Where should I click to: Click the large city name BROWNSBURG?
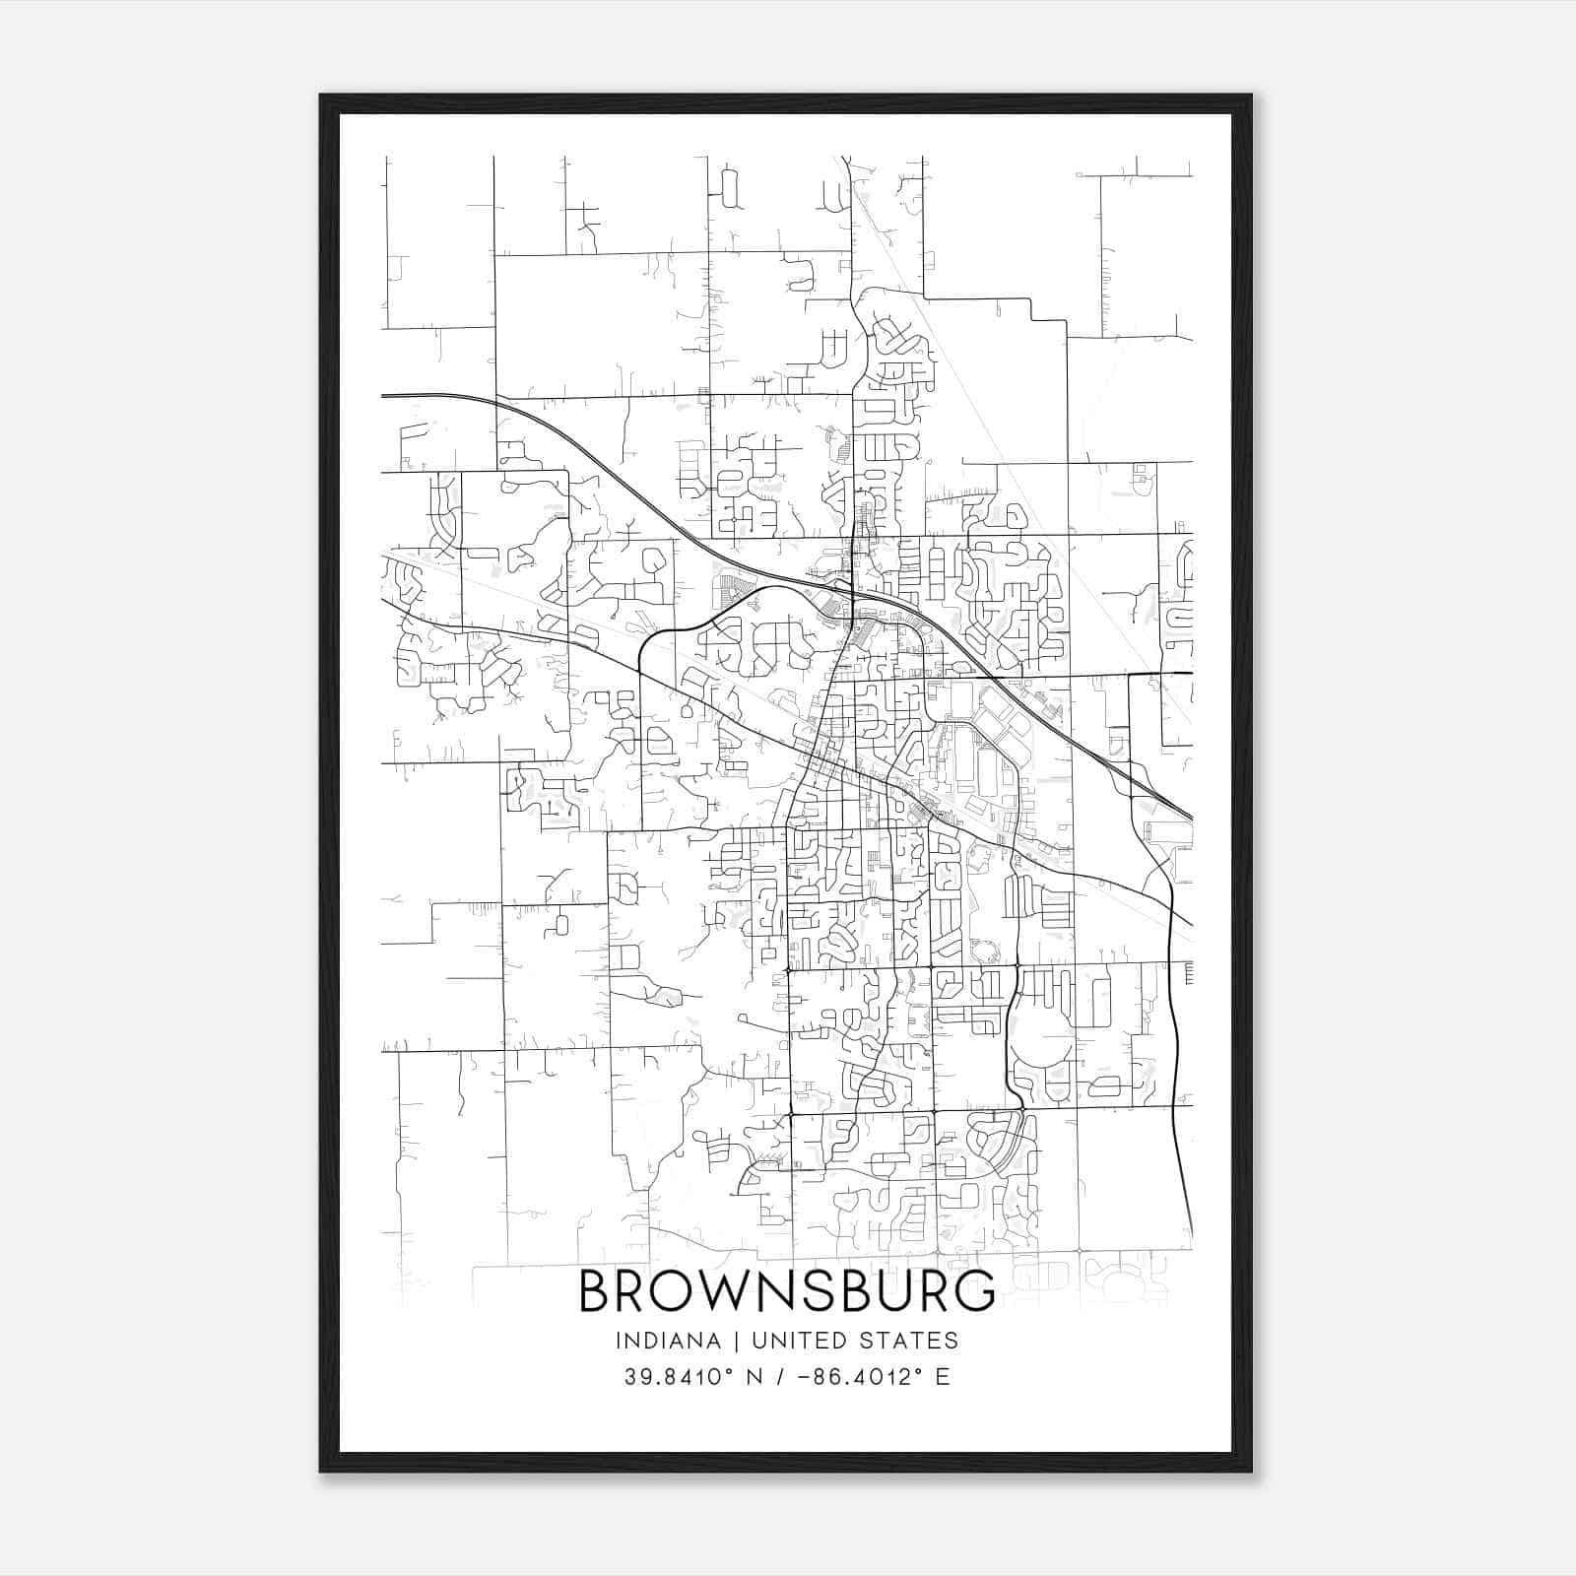coord(786,1290)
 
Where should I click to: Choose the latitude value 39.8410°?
coord(681,1377)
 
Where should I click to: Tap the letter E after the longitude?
coord(943,1377)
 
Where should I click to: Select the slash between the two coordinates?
coord(781,1377)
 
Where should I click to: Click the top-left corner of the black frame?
coord(321,96)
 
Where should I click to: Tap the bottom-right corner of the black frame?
coord(1250,1471)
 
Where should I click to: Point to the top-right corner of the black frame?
coord(1250,96)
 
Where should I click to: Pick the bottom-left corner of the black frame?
coord(321,1471)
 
